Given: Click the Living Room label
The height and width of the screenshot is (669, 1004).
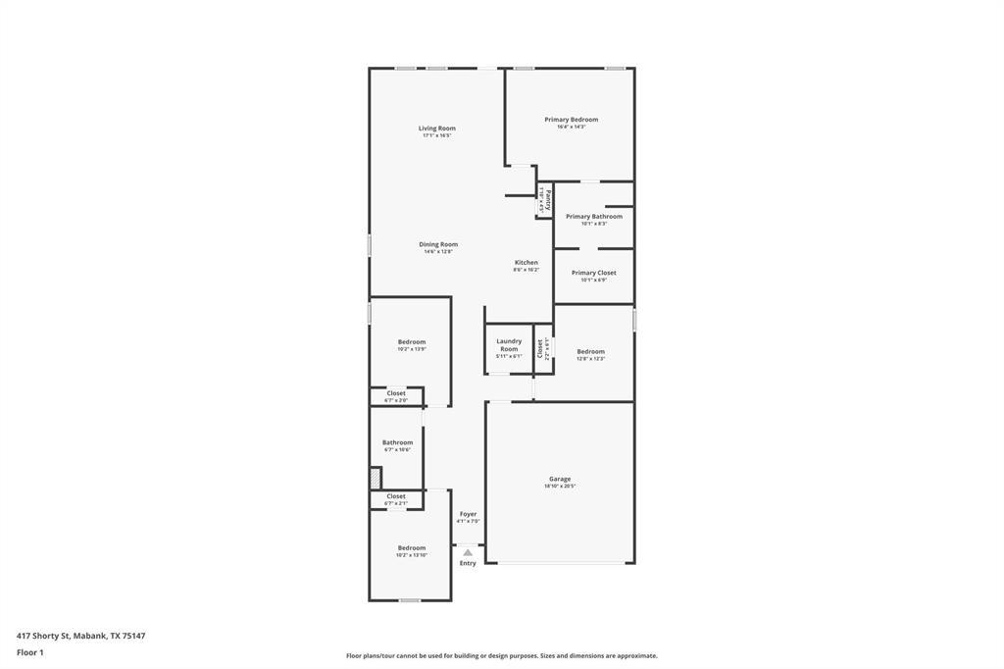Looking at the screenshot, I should click(x=436, y=129).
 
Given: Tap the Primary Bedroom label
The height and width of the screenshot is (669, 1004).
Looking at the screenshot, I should click(x=571, y=120).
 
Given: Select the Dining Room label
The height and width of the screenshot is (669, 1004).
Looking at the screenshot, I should click(x=438, y=244).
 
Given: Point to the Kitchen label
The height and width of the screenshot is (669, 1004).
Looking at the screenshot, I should click(x=527, y=263).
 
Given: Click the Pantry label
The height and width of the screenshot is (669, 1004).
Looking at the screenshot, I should click(x=549, y=199).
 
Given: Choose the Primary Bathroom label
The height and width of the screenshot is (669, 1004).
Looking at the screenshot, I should click(x=593, y=217).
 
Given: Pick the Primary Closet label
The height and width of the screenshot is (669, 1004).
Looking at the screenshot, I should click(x=593, y=273).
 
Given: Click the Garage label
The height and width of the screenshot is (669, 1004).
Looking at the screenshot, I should click(x=560, y=479).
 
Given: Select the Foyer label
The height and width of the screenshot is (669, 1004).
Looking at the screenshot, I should click(x=468, y=514).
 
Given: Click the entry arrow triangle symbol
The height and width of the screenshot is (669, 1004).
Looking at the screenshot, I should click(x=468, y=552).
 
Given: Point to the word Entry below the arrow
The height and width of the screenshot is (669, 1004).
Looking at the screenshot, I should click(x=468, y=563).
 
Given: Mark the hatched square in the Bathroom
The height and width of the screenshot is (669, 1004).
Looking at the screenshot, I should click(x=375, y=478).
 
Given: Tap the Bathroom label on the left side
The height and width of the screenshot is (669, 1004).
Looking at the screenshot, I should click(x=397, y=442).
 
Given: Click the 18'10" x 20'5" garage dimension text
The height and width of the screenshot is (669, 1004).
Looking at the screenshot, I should click(x=560, y=487).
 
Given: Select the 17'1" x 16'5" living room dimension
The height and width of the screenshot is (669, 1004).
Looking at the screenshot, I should click(x=436, y=135).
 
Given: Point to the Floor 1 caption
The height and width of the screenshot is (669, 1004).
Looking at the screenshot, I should click(x=30, y=652).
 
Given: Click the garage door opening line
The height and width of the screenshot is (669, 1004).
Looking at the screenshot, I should click(x=560, y=563).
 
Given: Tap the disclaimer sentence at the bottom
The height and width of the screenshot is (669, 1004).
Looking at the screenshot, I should click(x=501, y=655).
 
